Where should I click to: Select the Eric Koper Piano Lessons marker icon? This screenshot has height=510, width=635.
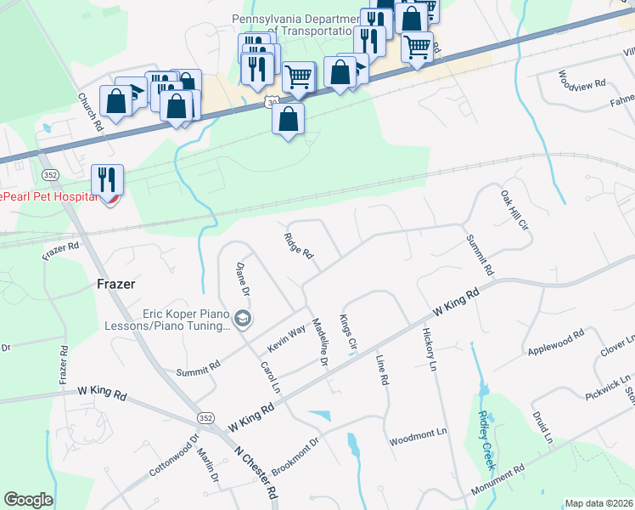pyautogui.click(x=244, y=319)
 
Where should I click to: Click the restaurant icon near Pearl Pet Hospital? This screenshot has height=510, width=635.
pyautogui.click(x=107, y=180)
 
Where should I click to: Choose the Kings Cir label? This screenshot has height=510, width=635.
pyautogui.click(x=348, y=334)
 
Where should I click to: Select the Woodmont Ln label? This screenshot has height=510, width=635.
pyautogui.click(x=418, y=433)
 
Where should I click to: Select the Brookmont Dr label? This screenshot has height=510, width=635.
pyautogui.click(x=295, y=455)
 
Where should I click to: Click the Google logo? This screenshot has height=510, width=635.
pyautogui.click(x=28, y=500)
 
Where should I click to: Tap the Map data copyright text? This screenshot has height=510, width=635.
pyautogui.click(x=599, y=503)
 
